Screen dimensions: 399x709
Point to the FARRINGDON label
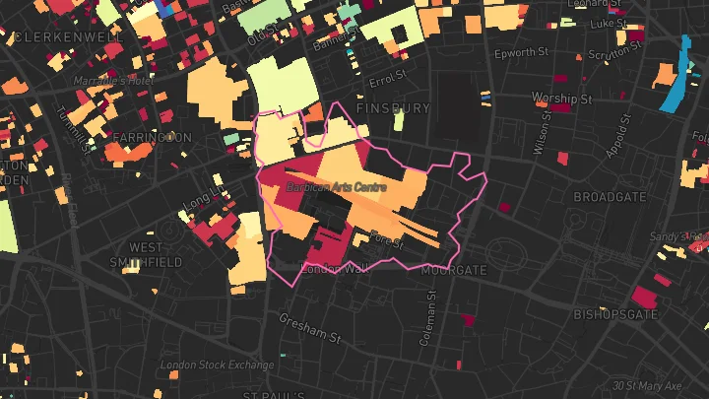click(152, 136)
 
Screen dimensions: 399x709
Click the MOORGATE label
click(453, 269)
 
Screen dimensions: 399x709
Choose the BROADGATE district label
click(610, 197)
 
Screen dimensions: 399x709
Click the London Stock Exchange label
click(217, 365)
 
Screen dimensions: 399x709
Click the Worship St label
click(560, 99)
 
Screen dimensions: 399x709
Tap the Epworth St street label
click(521, 52)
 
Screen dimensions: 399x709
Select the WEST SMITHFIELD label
click(155, 254)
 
